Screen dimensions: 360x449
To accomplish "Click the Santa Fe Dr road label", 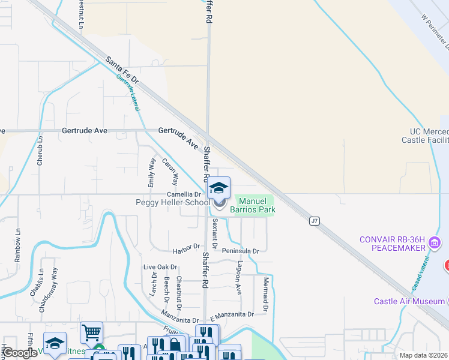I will (x=122, y=70).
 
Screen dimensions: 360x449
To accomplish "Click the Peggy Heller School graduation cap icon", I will (x=219, y=188).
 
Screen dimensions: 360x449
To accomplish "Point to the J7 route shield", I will (x=314, y=221).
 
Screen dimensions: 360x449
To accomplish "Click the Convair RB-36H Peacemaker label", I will (x=392, y=244).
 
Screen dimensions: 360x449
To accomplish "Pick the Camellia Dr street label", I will (x=184, y=195).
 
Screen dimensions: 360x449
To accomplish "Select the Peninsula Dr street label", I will (x=240, y=251).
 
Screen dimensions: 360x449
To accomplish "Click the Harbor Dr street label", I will (x=185, y=247).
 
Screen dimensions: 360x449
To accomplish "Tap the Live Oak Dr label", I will (x=160, y=267).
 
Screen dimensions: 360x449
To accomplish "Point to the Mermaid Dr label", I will (x=265, y=290).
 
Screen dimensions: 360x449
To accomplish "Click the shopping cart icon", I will (x=92, y=331).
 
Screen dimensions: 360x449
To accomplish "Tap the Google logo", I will (x=20, y=353).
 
